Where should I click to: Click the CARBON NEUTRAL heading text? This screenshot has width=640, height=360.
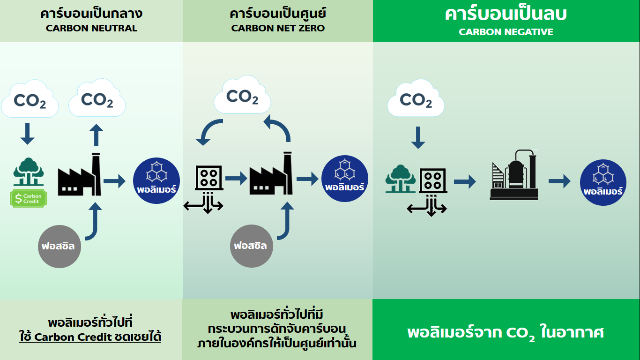click(x=91, y=28)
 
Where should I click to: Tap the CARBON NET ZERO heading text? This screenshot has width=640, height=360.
click(x=278, y=28)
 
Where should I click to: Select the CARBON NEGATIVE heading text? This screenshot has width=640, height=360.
click(x=506, y=32)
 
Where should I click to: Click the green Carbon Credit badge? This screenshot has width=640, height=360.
click(x=29, y=199)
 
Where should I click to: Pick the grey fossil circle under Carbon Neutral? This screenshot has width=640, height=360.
click(x=60, y=246)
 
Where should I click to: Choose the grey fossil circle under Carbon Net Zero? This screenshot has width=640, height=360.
click(x=251, y=246)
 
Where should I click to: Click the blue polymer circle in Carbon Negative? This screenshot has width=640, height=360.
click(x=603, y=182)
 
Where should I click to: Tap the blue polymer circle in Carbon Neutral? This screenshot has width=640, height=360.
click(x=156, y=181)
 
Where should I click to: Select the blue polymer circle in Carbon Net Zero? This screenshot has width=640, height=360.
click(x=345, y=179)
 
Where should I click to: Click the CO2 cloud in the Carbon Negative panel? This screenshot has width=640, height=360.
click(x=416, y=100)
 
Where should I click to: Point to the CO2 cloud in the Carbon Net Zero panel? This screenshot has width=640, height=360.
click(x=242, y=96)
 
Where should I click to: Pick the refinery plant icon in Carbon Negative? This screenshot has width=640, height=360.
click(x=514, y=175)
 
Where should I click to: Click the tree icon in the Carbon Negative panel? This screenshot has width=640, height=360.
click(x=401, y=179)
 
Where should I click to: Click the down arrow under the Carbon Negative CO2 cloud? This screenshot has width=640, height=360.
click(x=417, y=137)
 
